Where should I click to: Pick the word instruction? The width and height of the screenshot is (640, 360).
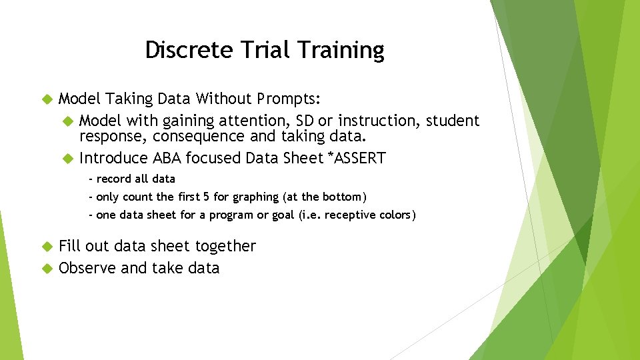click(376, 121)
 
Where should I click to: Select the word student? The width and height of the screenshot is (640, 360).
click(453, 121)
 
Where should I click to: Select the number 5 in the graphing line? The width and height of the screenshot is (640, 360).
click(206, 197)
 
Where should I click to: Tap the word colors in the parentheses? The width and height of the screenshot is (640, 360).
click(393, 215)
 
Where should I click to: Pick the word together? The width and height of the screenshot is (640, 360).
click(225, 246)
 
